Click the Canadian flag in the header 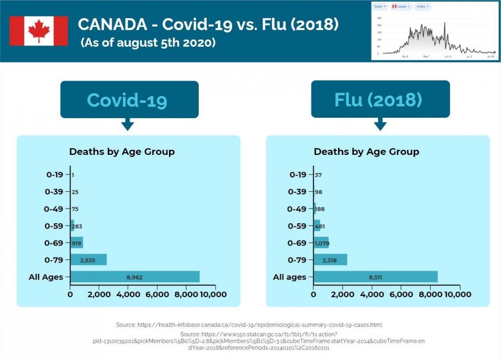[39, 31]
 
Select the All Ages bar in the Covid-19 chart [135, 277]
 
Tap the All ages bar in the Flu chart [376, 277]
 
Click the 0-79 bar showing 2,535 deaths [88, 260]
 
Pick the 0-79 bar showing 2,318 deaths [330, 260]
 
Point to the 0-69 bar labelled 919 [77, 243]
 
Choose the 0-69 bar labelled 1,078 [321, 243]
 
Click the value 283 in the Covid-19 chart [77, 226]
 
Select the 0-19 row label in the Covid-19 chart [55, 175]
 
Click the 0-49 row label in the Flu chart [297, 209]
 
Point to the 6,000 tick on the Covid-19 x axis [157, 295]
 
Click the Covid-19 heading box [129, 100]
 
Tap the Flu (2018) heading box [380, 100]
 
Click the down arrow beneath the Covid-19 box [128, 125]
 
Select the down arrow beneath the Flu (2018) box [380, 125]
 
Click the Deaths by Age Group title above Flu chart [366, 152]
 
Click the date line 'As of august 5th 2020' [148, 43]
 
